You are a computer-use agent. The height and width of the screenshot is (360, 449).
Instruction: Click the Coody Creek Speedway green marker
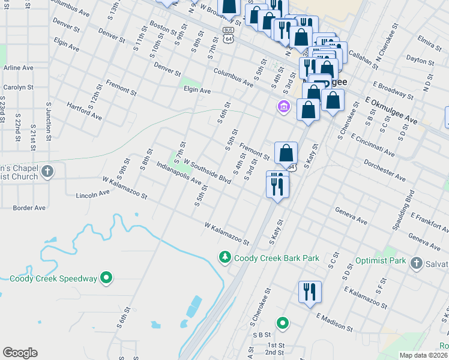(107, 278)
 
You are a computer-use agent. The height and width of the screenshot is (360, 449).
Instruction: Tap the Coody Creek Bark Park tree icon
(224, 257)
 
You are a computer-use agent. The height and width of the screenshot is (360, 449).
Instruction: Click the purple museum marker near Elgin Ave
(283, 107)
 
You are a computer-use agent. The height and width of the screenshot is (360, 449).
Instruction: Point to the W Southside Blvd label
(208, 171)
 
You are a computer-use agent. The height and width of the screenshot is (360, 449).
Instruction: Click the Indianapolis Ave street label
(179, 173)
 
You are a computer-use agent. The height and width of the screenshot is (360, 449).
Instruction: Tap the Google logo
(20, 353)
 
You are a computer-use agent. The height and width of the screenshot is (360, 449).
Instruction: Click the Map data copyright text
(424, 355)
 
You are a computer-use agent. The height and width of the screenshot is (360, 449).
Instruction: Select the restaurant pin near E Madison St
(310, 292)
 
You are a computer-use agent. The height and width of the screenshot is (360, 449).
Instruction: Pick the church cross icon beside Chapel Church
(47, 172)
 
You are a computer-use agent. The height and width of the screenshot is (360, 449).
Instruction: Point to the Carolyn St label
(16, 87)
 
